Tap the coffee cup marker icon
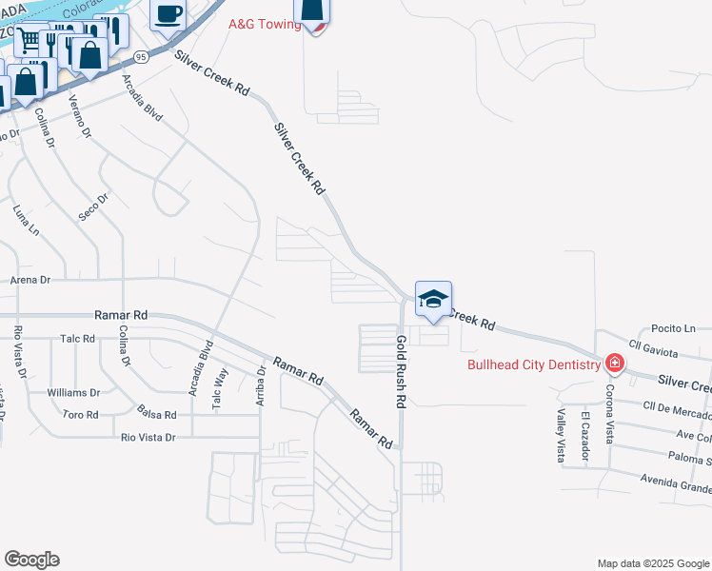point(168,14)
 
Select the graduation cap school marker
point(433,300)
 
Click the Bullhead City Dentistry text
point(533,364)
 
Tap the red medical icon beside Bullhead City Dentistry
point(615,364)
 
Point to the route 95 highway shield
point(141,57)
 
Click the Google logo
point(31,560)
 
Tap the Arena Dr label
point(29,280)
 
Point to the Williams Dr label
point(73,392)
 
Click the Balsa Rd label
point(156,415)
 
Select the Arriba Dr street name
point(260,386)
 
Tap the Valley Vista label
point(561,436)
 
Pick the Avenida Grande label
point(675,482)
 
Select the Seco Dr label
point(94,207)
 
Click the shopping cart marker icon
point(29,40)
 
